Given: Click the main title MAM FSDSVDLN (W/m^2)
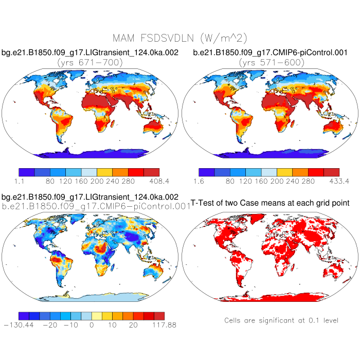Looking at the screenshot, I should point(180,38).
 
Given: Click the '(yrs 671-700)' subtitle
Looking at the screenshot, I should point(90,63).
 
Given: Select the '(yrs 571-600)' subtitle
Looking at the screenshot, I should point(271,63).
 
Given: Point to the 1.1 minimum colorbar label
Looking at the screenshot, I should point(21,182).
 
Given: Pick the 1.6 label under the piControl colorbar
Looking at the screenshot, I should point(201,182).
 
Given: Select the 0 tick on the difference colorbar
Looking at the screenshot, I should point(92,325).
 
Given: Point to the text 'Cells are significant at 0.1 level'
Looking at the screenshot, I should point(281,320).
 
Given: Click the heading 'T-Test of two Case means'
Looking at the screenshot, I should point(270,203).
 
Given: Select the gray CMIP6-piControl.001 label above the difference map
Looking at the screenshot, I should point(95,207).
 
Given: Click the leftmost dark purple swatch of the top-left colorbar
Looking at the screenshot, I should point(26,172).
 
